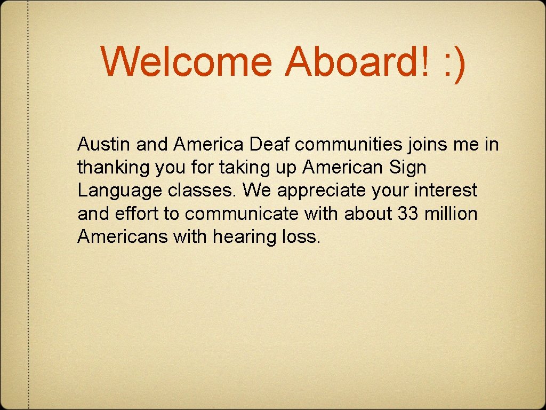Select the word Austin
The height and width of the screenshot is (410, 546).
pyautogui.click(x=105, y=144)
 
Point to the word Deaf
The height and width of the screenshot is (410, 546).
pyautogui.click(x=269, y=144)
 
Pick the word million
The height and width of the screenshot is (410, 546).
pyautogui.click(x=451, y=214)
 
